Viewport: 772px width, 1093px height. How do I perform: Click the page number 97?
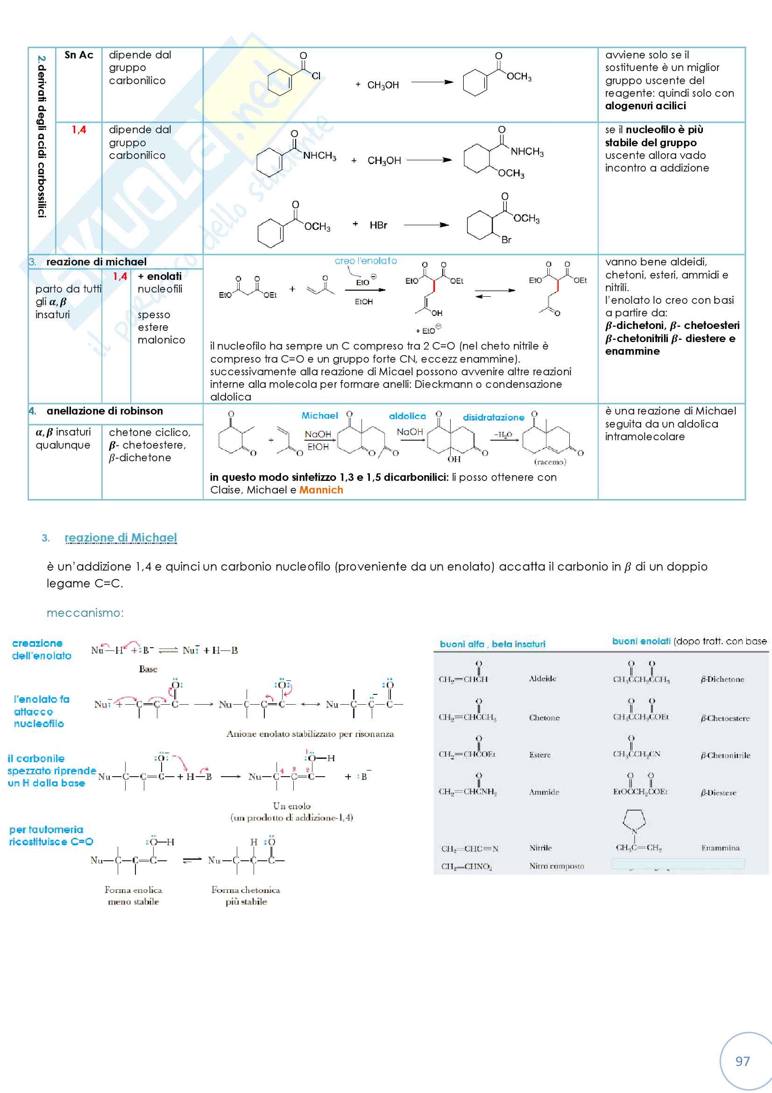point(742,1061)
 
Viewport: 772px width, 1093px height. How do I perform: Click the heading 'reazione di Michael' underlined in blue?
point(120,537)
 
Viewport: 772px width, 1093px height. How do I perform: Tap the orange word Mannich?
point(321,490)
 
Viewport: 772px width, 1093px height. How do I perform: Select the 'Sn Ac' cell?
point(79,55)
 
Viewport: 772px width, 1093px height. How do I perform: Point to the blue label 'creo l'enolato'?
point(365,261)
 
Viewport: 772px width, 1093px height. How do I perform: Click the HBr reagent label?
point(378,225)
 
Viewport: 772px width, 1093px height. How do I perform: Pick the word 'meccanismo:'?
point(85,613)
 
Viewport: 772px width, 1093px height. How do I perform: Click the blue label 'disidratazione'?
point(493,417)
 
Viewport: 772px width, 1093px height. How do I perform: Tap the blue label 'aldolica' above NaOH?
point(407,416)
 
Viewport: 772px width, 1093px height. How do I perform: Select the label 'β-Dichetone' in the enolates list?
point(722,679)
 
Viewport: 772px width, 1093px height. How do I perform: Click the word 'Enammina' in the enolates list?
point(720,847)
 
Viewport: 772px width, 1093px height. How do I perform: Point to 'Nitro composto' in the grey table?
point(557,866)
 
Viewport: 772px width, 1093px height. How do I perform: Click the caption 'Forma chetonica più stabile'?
point(246,895)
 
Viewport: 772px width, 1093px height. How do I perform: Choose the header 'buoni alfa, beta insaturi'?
point(492,644)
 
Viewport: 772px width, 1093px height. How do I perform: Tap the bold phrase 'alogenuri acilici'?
point(645,106)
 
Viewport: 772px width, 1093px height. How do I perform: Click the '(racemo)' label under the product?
point(550,462)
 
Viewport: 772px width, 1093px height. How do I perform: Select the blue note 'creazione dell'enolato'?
point(42,650)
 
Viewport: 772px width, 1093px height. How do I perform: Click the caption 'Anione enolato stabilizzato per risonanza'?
point(310,734)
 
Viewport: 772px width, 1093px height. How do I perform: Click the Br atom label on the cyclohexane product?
point(506,240)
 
